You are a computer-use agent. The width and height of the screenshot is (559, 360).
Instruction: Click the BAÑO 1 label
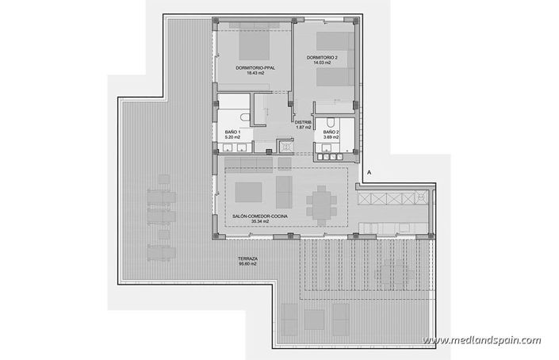pos(232,132)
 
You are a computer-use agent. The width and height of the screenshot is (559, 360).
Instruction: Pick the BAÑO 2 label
pos(331,132)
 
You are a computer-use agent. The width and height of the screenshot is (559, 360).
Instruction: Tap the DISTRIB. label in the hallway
pos(303,122)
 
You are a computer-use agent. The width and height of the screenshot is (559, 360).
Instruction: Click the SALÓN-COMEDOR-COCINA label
pos(255,216)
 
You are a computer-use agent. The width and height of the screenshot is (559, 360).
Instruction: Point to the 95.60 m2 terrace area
pos(249,265)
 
